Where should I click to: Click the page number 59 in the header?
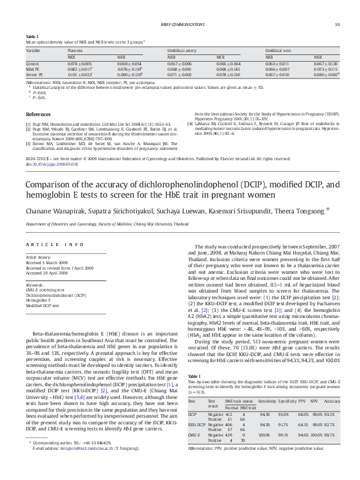click(336, 24)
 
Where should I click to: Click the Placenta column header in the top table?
click(75, 51)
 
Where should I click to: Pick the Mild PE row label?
click(32, 69)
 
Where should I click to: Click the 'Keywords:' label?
click(34, 285)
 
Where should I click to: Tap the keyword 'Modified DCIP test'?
click(42, 305)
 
